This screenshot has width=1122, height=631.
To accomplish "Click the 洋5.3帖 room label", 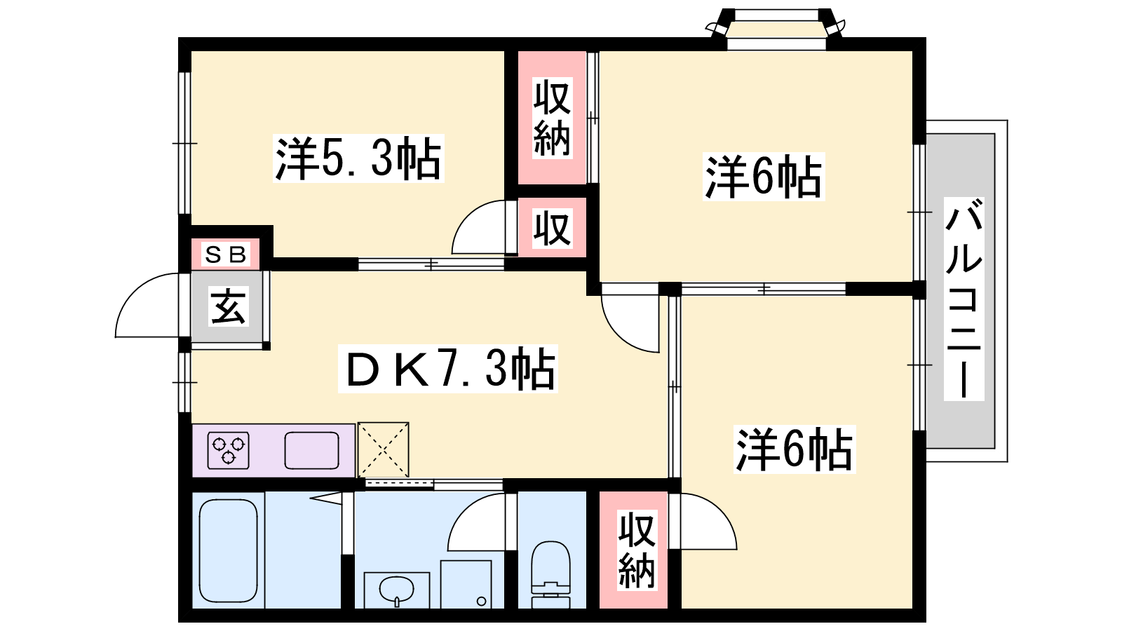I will (358, 159).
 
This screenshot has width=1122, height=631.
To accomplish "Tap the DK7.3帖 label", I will (447, 369).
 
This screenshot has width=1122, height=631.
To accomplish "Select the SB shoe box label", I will (226, 254).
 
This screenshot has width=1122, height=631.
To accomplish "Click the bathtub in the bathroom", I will (228, 550).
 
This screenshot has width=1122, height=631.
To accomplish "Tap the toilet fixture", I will (550, 571).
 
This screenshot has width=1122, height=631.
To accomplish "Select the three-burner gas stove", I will (229, 449).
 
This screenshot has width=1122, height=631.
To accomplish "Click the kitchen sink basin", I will (311, 450).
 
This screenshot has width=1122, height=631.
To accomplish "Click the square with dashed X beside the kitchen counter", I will (383, 449).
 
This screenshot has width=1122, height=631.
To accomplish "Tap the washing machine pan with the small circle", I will (466, 584).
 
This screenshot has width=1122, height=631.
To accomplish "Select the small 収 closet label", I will (551, 228).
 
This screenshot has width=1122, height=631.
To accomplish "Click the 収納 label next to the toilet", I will (636, 550).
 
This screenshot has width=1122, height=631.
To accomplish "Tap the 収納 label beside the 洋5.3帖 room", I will (552, 118).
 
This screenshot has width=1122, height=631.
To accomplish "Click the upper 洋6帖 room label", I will (763, 177).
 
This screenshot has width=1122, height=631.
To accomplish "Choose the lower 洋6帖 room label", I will (794, 449).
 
